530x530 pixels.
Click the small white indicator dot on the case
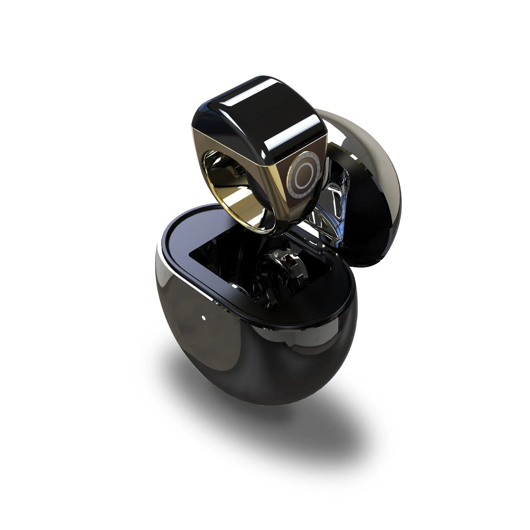click(203, 318)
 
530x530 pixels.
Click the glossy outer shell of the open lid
click(374, 139)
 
